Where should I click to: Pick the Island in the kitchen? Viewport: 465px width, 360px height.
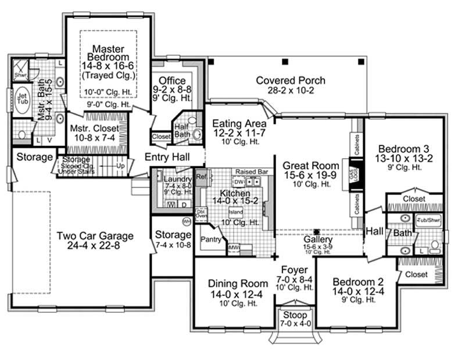(x=237, y=212)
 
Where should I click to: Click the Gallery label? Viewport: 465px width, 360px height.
(x=318, y=239)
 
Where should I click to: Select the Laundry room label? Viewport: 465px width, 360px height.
(x=174, y=179)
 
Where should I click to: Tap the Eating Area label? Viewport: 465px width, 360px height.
(x=239, y=123)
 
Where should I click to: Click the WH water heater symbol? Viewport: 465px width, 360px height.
(x=187, y=222)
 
